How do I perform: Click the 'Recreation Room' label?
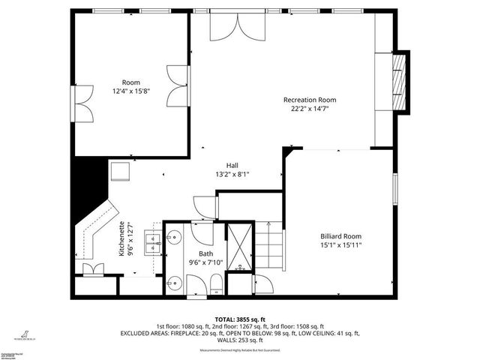coord(309,100)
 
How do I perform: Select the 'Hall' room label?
coord(232,165)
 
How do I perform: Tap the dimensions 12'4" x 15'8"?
coord(132,91)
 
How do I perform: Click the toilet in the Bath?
coord(214,283)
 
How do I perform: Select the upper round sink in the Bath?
coord(174,239)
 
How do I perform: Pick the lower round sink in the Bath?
coord(174,282)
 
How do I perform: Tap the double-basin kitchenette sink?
coord(154,242)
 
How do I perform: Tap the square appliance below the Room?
coord(121,172)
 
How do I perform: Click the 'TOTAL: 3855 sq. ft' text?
coord(239,319)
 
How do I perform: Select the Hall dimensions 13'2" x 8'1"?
coord(232,174)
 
